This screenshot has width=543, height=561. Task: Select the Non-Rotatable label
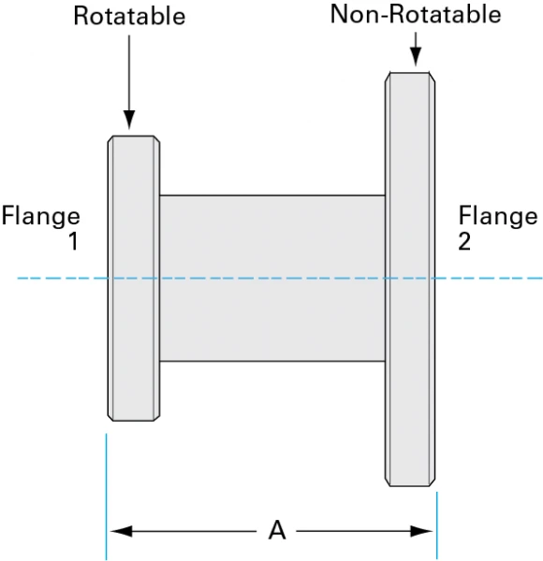(x=415, y=14)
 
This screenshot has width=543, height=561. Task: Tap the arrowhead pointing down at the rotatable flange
(x=129, y=120)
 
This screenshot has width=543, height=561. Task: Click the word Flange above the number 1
(x=40, y=217)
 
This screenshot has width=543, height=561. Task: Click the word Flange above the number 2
(x=498, y=217)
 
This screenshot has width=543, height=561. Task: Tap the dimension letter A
(x=276, y=531)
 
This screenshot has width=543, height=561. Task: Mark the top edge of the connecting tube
(x=271, y=195)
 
